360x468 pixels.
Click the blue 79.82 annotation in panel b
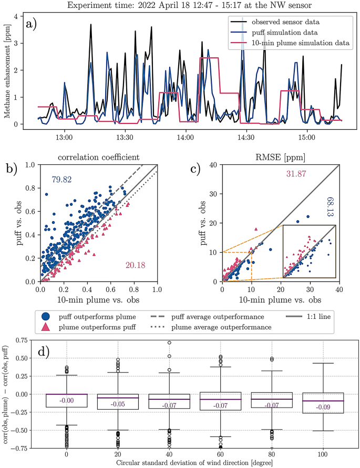61,180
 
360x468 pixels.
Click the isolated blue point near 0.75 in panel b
46,194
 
